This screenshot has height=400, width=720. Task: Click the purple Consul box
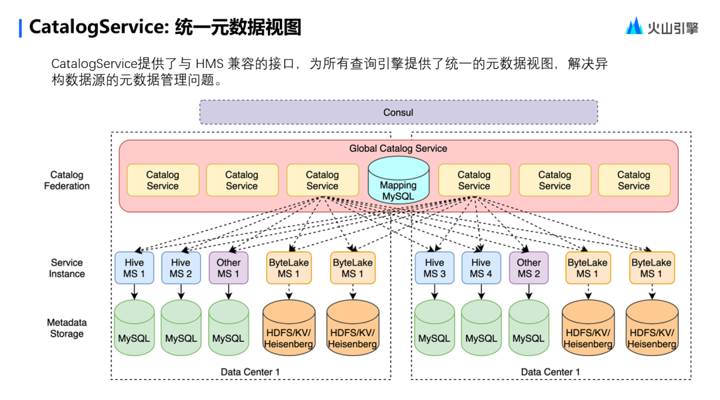(398, 112)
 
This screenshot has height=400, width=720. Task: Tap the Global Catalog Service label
(398, 148)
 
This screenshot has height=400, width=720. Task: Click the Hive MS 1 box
(134, 268)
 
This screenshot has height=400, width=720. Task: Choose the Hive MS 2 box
(181, 268)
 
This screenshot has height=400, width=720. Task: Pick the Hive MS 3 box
(434, 268)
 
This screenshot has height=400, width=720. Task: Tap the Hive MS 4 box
(481, 268)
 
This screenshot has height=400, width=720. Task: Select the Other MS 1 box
(228, 268)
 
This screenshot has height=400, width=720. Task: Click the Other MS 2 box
(529, 268)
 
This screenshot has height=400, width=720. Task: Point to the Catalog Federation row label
(67, 181)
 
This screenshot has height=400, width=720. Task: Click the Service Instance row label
(67, 268)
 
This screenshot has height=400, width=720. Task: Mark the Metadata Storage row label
(67, 328)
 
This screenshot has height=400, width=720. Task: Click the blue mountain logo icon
(634, 26)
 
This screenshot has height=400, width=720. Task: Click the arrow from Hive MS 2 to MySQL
(181, 292)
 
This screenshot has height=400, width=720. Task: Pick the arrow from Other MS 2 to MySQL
(529, 292)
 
